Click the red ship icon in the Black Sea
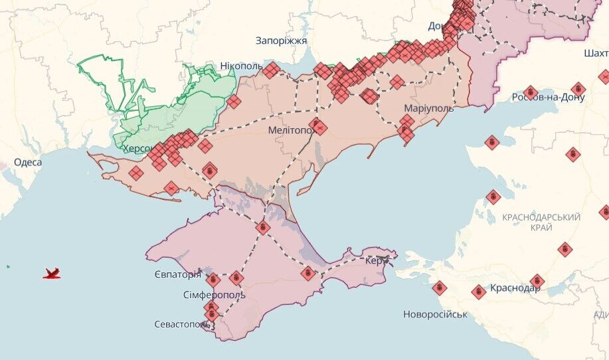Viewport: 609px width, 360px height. pos(52,273)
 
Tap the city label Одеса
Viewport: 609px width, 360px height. pos(28,163)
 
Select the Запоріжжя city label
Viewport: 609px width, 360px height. pos(282,41)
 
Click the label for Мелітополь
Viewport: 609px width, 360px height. pos(290,131)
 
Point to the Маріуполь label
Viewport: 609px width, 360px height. pos(428,108)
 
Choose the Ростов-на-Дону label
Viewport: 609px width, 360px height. pos(548,98)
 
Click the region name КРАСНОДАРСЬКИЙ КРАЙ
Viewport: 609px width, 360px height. pos(541,223)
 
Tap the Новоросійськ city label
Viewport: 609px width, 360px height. pos(435,314)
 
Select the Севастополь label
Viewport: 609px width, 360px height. pos(177,324)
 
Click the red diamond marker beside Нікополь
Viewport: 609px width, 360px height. pos(271,70)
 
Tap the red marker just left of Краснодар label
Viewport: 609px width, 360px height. pos(479,292)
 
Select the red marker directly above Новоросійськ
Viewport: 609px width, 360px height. pos(439,288)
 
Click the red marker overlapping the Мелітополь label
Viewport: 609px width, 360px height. pos(319,127)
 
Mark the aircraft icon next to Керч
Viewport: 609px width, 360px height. pos(385,255)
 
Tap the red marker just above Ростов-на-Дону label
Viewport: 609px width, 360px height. pos(529,92)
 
